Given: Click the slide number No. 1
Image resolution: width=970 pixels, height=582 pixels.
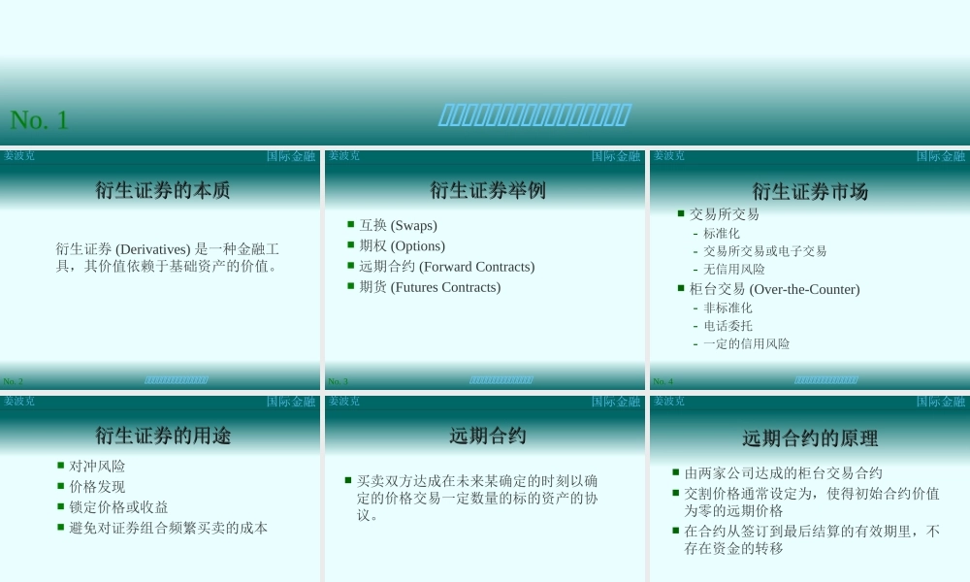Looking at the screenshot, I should (39, 120).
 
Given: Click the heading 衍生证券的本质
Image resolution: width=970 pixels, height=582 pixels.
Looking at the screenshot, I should (163, 190).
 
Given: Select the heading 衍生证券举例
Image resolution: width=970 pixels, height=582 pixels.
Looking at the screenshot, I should (488, 190).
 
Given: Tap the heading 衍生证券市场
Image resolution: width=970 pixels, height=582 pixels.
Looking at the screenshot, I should (810, 192).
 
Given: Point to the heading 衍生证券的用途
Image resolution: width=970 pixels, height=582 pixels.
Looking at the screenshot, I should (163, 436).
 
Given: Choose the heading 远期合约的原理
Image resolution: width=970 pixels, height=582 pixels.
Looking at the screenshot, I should (810, 438).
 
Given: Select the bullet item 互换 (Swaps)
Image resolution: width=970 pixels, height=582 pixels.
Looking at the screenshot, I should (398, 225).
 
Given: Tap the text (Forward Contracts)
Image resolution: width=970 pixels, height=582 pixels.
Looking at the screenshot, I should (476, 267).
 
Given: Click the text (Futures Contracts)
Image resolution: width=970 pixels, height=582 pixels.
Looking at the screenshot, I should (445, 287).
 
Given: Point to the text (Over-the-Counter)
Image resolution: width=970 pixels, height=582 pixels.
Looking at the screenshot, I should (805, 289).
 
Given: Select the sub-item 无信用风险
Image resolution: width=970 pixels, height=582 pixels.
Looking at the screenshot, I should (734, 270).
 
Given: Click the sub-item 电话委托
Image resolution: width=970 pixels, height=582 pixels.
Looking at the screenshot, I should (727, 326).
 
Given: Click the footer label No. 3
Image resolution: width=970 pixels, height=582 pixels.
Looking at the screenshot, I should (338, 382).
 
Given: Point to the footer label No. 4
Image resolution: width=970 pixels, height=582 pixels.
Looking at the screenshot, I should (663, 382).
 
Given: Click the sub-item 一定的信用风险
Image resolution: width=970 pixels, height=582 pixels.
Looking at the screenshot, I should (746, 344).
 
